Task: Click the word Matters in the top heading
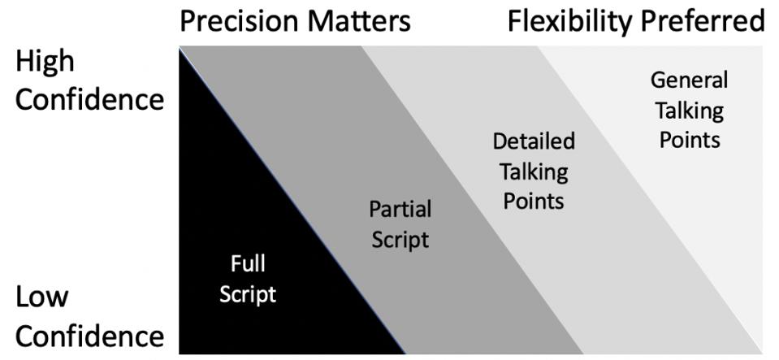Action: click(357, 21)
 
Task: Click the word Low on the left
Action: click(43, 297)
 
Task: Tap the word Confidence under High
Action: click(89, 100)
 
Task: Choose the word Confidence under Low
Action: click(89, 335)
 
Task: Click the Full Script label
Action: click(248, 278)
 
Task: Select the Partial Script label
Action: click(400, 224)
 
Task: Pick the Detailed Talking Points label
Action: click(534, 171)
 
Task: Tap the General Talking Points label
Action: click(690, 110)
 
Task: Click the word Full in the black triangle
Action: click(248, 264)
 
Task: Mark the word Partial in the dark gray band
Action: click(400, 210)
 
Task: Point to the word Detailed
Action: click(534, 141)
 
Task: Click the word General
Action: click(690, 80)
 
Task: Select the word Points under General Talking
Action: click(690, 140)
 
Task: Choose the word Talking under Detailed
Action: click(534, 171)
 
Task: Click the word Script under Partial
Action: click(400, 240)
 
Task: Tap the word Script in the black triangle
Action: click(248, 293)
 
